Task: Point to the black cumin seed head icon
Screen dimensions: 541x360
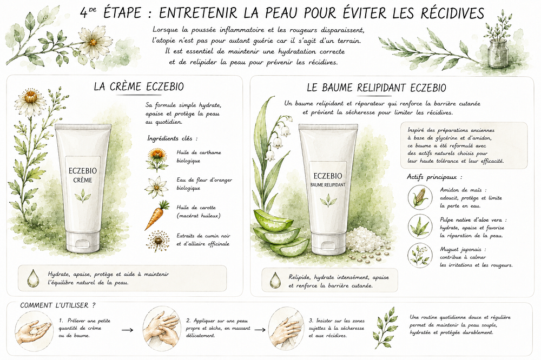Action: (157, 241)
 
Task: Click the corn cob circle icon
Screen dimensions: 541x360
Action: (420, 197)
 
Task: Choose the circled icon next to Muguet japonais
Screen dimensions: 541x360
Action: (420, 255)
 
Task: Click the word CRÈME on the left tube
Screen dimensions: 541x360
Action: (82, 180)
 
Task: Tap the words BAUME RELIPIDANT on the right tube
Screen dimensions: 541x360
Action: (328, 185)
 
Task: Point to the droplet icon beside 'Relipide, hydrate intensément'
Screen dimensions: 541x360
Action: (275, 280)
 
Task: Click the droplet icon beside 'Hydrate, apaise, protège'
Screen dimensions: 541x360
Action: (34, 278)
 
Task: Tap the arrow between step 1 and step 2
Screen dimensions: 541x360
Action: (127, 330)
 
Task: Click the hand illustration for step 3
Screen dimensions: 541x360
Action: (286, 329)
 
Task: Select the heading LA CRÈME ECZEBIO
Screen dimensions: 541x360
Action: (138, 86)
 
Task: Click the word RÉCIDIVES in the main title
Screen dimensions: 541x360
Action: (452, 13)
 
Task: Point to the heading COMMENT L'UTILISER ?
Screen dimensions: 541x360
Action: (58, 305)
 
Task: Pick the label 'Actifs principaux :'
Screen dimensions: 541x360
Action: (434, 177)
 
